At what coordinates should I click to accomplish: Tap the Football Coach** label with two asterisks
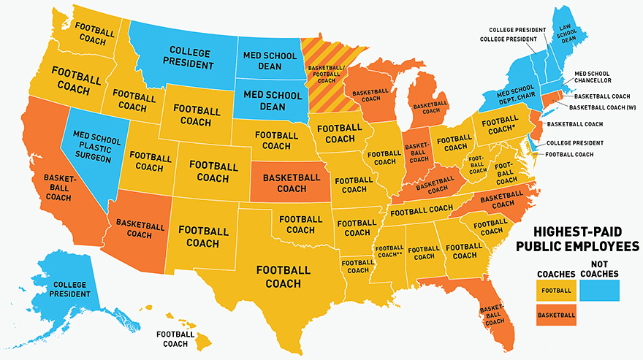[389, 252]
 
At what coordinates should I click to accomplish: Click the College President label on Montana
[190, 58]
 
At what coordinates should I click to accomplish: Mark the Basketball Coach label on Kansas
[292, 183]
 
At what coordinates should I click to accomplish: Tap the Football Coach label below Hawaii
[176, 339]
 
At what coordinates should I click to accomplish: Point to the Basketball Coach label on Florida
[495, 315]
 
